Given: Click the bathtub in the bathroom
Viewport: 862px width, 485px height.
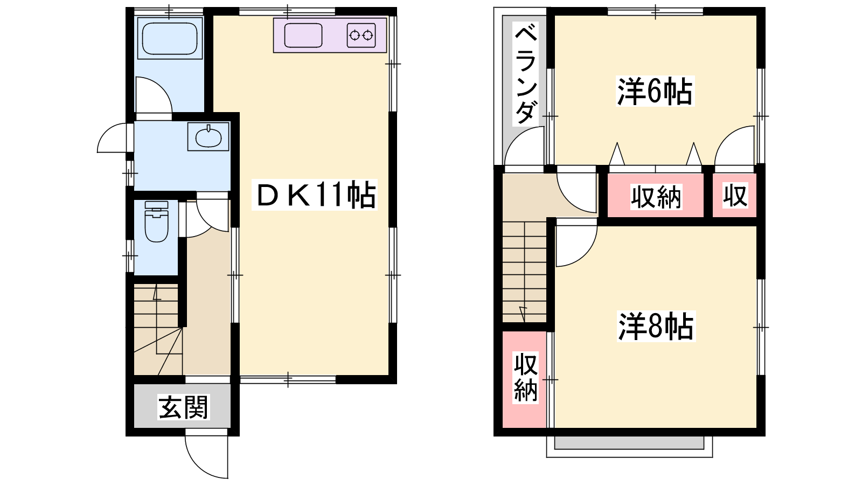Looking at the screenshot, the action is (170, 38).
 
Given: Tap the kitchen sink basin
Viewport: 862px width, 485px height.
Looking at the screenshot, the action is (303, 36).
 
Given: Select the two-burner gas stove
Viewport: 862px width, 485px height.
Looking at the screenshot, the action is (361, 36).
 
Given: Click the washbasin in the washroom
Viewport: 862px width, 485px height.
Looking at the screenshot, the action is (208, 136).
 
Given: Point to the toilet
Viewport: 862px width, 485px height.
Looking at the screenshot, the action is (156, 221).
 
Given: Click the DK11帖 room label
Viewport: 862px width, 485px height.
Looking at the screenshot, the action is (315, 195).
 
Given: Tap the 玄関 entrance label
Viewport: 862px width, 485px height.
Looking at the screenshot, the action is (184, 407).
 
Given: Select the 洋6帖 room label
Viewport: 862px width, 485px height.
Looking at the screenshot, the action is (655, 91).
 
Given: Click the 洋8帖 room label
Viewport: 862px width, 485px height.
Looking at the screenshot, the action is (656, 326).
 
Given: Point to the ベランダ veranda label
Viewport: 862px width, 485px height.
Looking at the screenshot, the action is (526, 73).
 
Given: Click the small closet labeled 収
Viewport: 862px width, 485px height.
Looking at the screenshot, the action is (735, 196).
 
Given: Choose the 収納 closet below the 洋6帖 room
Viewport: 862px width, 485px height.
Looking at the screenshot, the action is (656, 196).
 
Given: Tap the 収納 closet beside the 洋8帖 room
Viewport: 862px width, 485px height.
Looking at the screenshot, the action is (525, 379).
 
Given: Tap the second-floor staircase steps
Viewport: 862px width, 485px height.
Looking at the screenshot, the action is (525, 272).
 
